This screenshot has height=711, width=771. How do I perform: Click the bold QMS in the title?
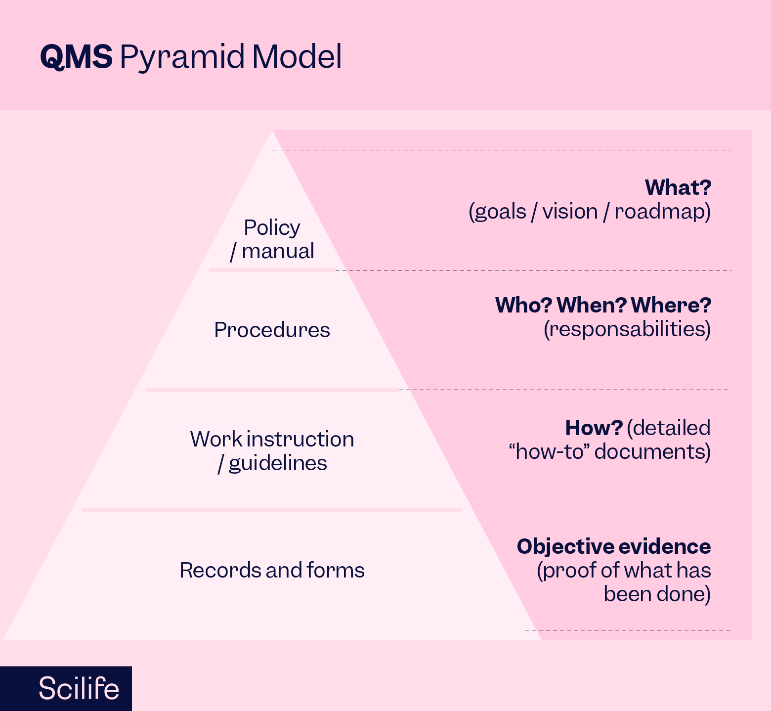tap(76, 56)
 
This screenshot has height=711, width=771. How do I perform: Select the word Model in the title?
tap(297, 56)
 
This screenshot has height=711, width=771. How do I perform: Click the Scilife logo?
tap(79, 688)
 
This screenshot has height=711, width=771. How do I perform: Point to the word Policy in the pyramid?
tap(272, 228)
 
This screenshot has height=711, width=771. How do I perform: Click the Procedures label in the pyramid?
tap(272, 330)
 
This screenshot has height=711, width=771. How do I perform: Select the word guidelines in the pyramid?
tap(278, 464)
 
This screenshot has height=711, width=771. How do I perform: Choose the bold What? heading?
tap(678, 187)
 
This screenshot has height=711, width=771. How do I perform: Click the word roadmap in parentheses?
tap(662, 212)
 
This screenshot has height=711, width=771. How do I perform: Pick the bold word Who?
tap(523, 305)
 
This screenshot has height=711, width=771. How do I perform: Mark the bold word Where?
tap(671, 305)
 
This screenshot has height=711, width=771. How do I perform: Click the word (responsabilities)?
tap(627, 329)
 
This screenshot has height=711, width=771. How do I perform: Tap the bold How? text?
tap(594, 428)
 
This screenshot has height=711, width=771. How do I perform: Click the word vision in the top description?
tap(570, 212)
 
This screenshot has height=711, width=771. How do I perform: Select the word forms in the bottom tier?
tap(336, 570)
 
